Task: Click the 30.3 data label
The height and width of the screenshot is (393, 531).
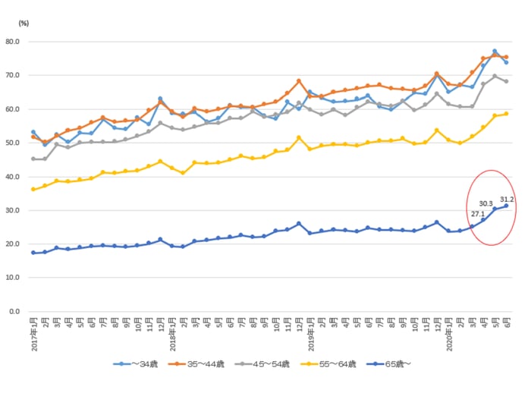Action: click(x=486, y=203)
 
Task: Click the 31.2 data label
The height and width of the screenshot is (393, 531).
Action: click(x=507, y=200)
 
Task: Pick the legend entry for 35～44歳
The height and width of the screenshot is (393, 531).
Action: click(x=203, y=364)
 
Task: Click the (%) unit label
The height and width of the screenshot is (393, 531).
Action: click(x=23, y=24)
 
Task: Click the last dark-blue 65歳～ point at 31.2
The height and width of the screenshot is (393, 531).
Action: click(x=506, y=206)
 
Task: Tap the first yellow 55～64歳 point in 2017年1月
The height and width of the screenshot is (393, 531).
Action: click(x=33, y=189)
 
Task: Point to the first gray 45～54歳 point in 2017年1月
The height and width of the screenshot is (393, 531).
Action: click(x=33, y=159)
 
